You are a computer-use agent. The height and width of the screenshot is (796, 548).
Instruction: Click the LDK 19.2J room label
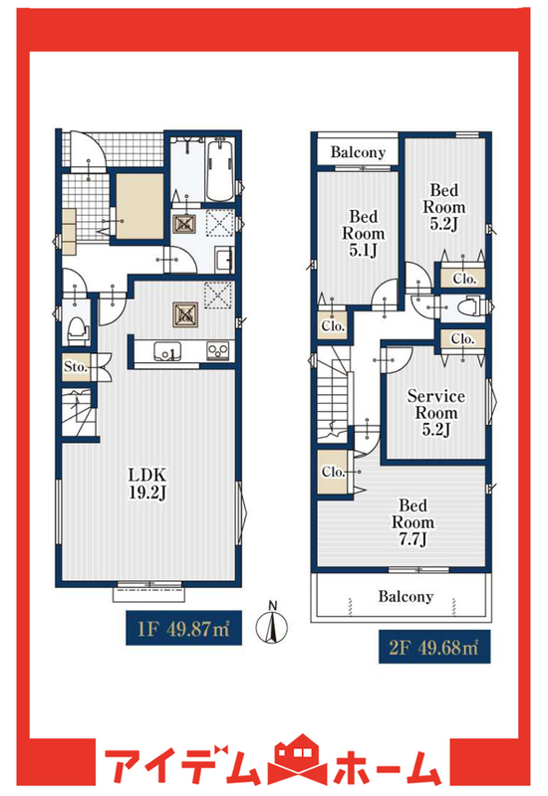(146, 484)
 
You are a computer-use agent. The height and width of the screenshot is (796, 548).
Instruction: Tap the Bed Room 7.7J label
(412, 521)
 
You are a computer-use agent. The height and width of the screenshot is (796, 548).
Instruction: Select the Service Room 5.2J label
(436, 413)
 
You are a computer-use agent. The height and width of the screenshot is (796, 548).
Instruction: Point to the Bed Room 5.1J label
(363, 233)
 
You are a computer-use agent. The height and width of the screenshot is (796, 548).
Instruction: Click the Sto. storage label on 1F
(76, 366)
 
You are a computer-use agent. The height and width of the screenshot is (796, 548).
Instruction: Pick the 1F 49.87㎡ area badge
(183, 628)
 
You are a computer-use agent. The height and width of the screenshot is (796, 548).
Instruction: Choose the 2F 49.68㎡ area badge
(434, 647)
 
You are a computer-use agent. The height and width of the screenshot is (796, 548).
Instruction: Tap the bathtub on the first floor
(220, 171)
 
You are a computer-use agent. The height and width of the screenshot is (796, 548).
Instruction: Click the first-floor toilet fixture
(78, 330)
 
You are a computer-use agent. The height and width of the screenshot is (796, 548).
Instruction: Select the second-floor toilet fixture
(468, 307)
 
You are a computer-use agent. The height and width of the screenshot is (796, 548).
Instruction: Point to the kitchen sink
(166, 351)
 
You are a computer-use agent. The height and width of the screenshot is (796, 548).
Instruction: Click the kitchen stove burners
(218, 350)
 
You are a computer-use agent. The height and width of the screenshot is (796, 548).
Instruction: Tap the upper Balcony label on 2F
(358, 152)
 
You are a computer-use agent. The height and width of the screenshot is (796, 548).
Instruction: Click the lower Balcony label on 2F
(406, 596)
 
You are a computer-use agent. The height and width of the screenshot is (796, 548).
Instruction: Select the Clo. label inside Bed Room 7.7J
(333, 472)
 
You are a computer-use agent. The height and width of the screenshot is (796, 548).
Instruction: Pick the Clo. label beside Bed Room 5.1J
(333, 326)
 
